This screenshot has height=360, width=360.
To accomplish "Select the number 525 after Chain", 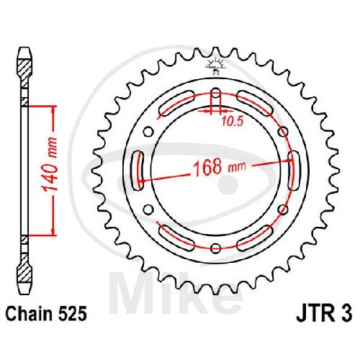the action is [x=71, y=314].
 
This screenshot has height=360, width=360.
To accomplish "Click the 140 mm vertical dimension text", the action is [x=50, y=165].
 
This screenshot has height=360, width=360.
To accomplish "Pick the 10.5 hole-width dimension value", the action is [x=232, y=122].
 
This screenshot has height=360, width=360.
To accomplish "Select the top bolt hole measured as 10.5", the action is [x=216, y=93].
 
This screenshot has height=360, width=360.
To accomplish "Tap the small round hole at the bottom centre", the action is [x=216, y=248].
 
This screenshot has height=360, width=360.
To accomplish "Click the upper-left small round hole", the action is [x=148, y=132].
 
